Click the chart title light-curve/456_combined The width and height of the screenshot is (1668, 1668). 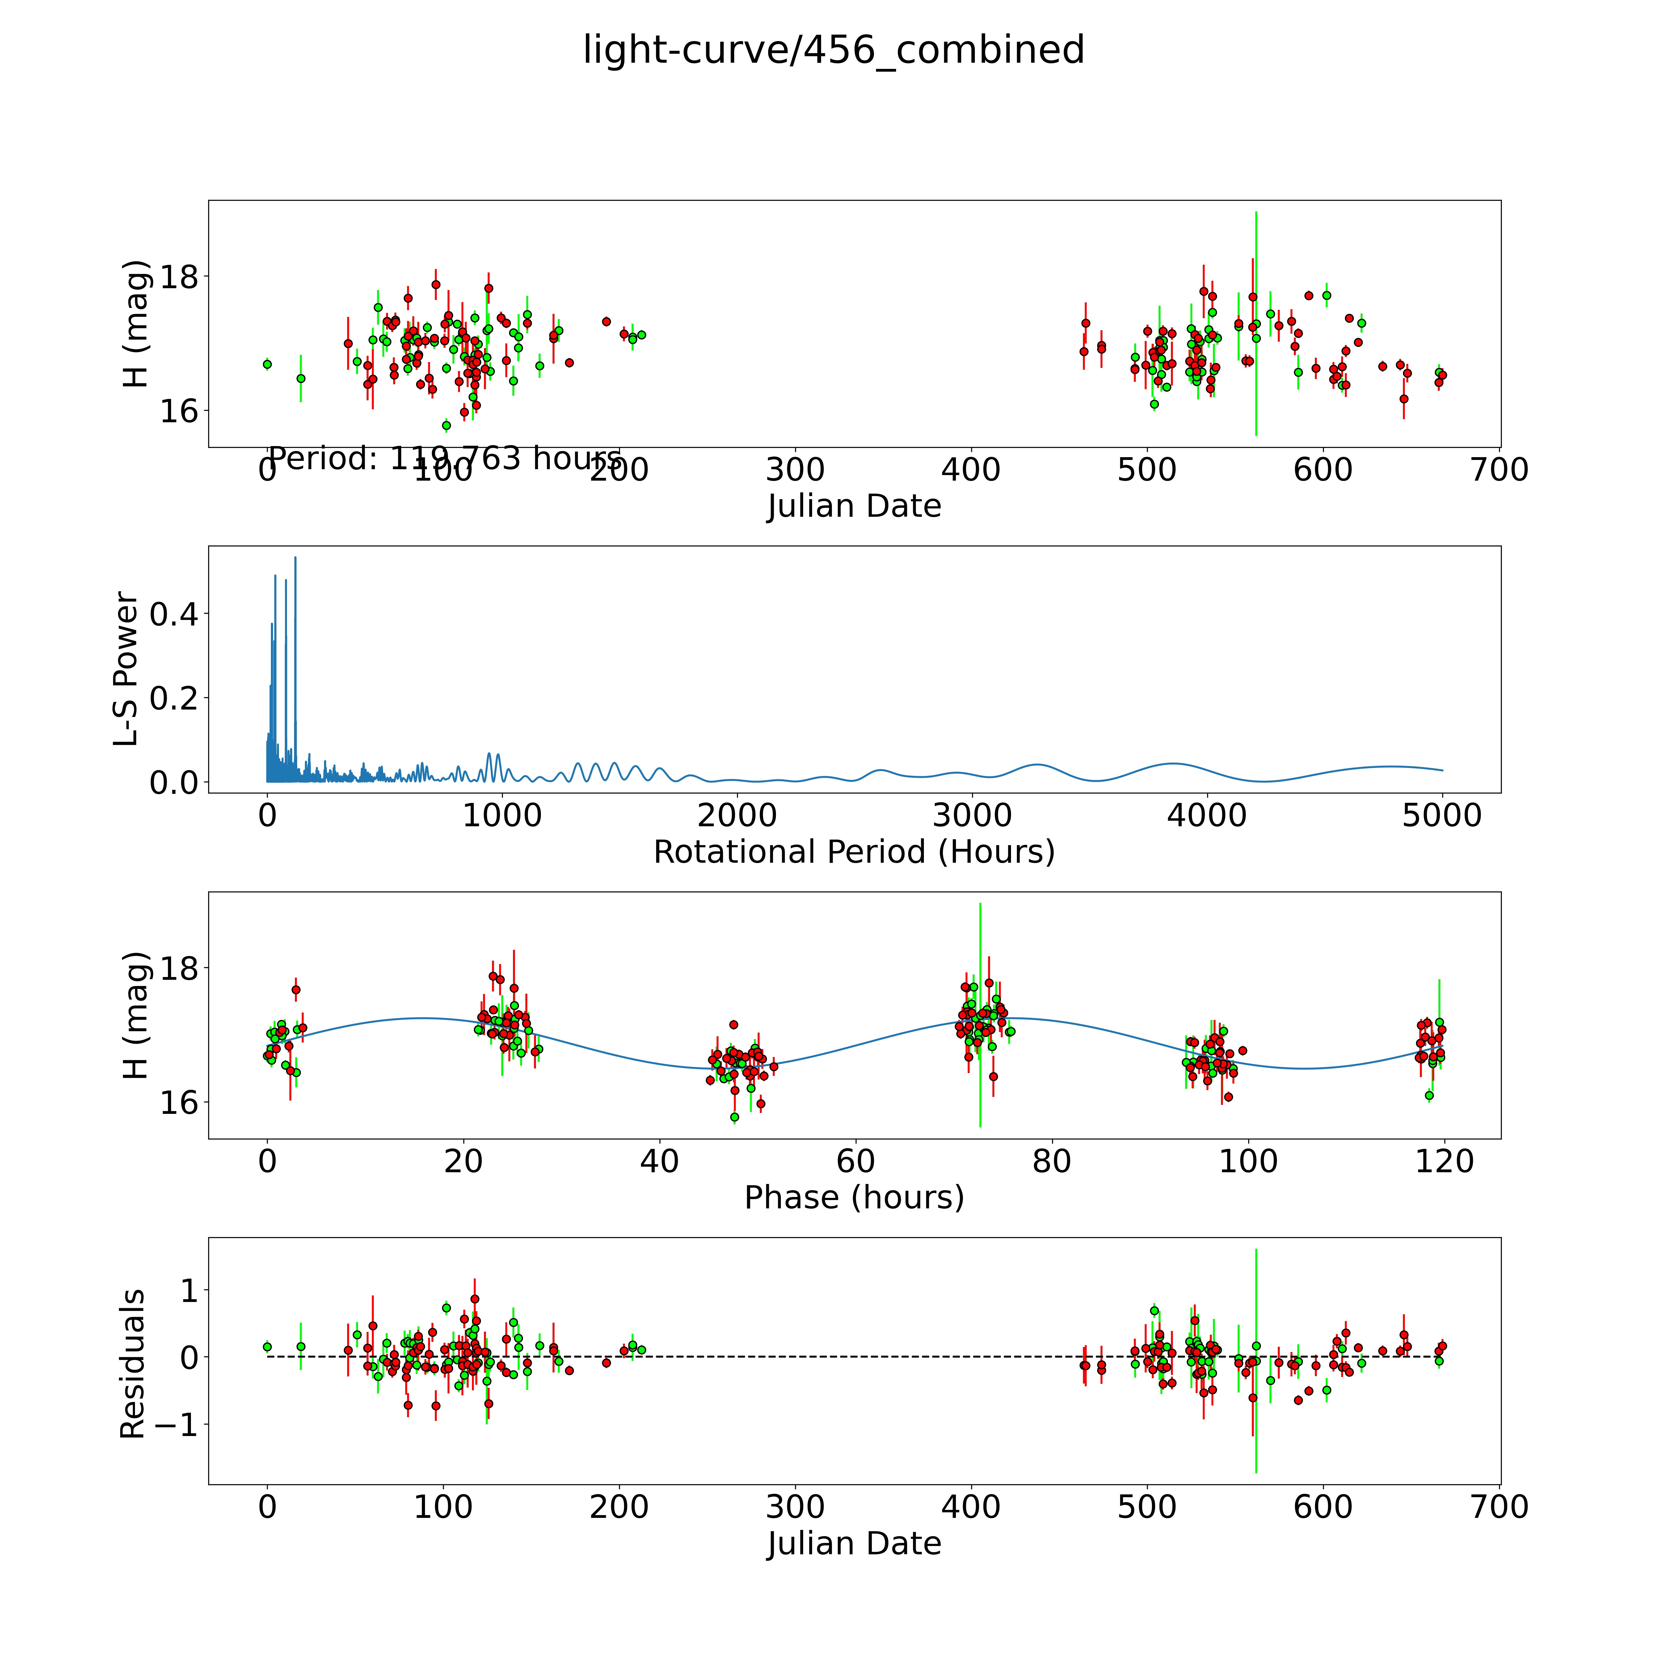click(833, 50)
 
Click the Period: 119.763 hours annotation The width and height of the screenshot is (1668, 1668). click(444, 458)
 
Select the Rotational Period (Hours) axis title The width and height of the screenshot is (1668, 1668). click(854, 852)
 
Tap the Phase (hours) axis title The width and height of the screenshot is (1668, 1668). click(854, 1198)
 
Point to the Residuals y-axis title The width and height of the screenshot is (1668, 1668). click(132, 1364)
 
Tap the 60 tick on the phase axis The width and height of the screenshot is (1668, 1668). click(856, 1161)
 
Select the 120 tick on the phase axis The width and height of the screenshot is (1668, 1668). click(1444, 1161)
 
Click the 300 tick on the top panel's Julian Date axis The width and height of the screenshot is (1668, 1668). click(795, 470)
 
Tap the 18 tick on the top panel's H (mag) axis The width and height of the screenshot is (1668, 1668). click(179, 277)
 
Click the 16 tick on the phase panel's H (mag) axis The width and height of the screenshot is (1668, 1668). click(179, 1103)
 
